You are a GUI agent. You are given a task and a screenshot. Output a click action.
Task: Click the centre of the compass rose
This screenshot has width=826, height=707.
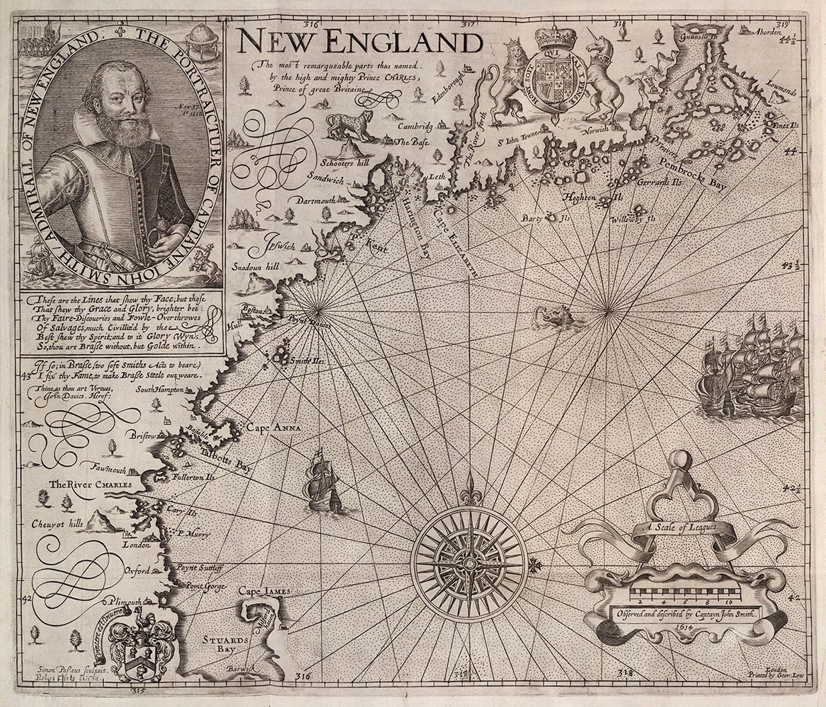[469, 563]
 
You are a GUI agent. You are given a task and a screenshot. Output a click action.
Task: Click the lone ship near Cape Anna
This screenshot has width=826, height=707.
[323, 484]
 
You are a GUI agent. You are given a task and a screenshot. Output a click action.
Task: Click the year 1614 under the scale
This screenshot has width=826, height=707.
[684, 628]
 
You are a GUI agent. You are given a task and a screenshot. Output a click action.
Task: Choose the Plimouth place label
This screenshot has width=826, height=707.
[130, 602]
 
